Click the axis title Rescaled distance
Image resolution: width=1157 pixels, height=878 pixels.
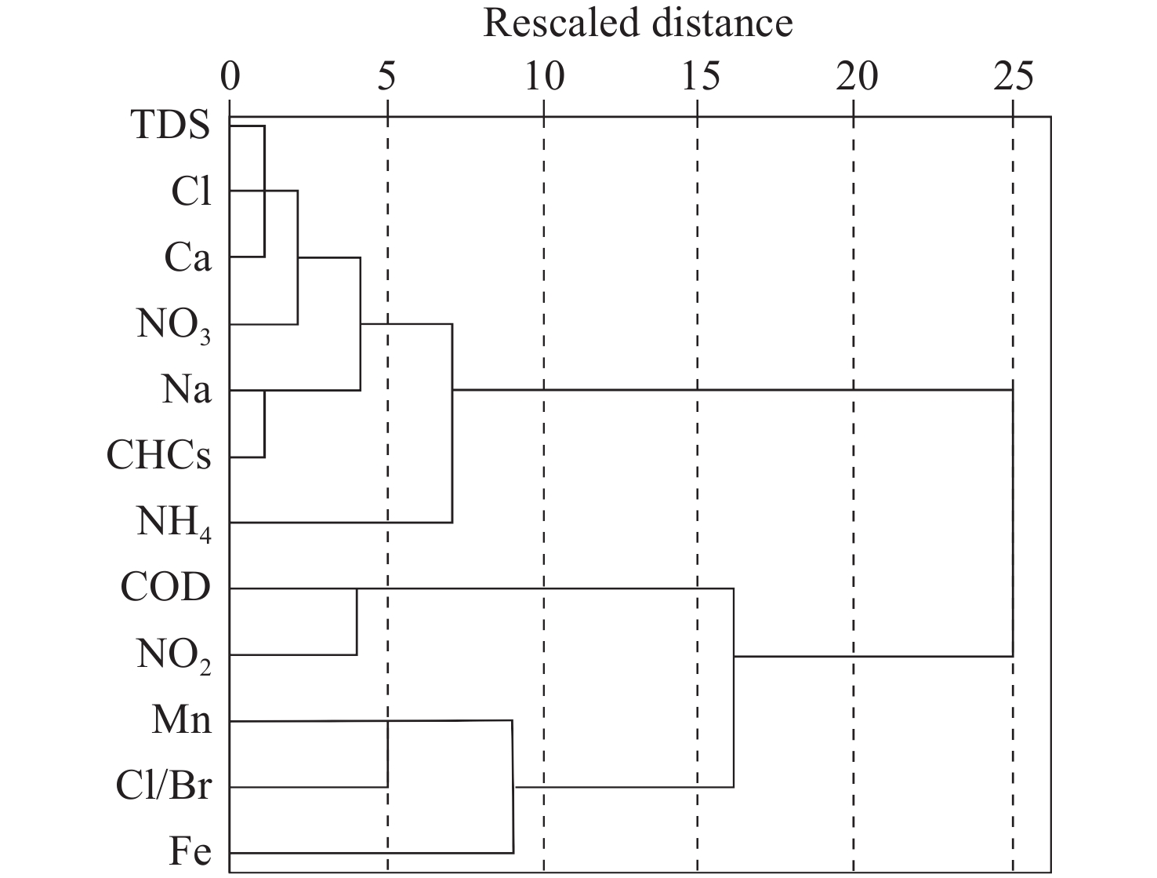tap(637, 23)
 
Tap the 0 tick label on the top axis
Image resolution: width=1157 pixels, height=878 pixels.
tap(230, 78)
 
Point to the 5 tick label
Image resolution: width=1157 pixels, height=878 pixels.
tap(386, 78)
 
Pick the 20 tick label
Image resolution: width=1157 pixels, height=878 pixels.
tap(856, 78)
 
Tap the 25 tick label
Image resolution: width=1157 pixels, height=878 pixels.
tap(1013, 78)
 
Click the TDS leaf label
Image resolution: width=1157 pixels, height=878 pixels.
tap(172, 126)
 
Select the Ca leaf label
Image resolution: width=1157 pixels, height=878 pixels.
tap(188, 257)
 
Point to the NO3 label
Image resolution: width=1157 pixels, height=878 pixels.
tap(174, 326)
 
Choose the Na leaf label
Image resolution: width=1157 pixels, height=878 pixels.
tap(187, 390)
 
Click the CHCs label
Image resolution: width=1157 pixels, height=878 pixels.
tap(159, 456)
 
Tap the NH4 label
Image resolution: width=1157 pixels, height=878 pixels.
tap(174, 523)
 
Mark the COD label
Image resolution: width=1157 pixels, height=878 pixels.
tap(166, 588)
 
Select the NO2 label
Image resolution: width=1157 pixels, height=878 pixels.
tap(174, 656)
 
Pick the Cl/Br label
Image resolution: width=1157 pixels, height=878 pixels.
tap(163, 786)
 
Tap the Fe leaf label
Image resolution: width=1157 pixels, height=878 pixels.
tap(190, 852)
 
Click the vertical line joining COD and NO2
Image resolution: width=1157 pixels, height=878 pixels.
tap(357, 621)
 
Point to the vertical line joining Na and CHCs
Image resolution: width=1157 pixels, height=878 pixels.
tap(265, 424)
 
